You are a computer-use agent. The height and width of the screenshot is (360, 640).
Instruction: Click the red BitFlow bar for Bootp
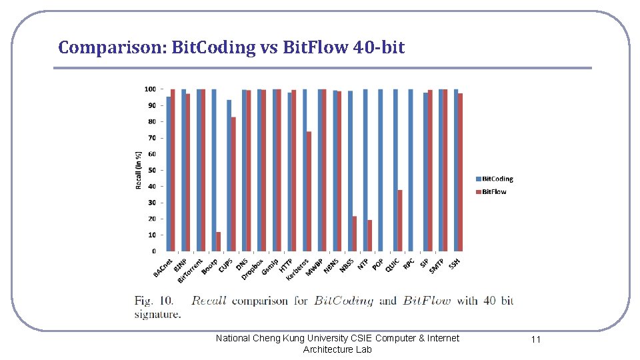click(x=218, y=241)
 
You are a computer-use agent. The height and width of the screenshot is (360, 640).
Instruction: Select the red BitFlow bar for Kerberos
click(x=309, y=191)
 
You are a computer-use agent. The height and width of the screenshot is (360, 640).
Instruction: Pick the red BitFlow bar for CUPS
click(x=233, y=184)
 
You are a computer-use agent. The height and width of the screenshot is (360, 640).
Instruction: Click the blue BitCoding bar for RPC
click(x=411, y=170)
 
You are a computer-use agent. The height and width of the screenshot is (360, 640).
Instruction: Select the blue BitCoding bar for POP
click(x=380, y=170)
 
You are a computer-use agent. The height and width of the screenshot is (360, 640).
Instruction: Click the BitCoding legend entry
click(x=497, y=179)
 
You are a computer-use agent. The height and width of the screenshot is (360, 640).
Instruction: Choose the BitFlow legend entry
click(x=493, y=191)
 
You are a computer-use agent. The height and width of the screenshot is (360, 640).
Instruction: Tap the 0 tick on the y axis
click(x=153, y=251)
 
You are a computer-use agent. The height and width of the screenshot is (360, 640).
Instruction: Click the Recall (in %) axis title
click(x=139, y=170)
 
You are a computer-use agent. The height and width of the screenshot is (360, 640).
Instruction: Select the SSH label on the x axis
click(x=455, y=264)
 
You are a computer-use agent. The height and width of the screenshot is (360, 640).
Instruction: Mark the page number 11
click(x=535, y=339)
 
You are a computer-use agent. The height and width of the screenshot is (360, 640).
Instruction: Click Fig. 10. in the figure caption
click(x=153, y=301)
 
